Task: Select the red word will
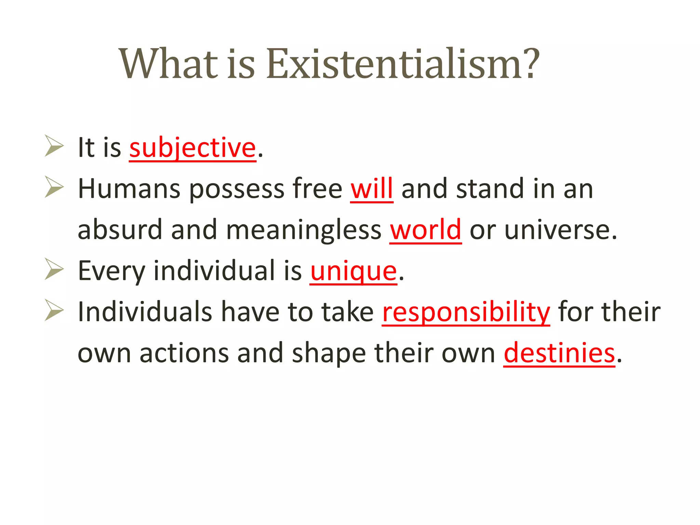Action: (x=372, y=189)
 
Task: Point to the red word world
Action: (x=426, y=230)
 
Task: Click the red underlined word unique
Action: (x=353, y=271)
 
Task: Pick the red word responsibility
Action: (x=466, y=312)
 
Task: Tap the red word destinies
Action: (x=559, y=353)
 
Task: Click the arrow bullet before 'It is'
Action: (x=54, y=146)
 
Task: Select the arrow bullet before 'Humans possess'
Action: (x=54, y=187)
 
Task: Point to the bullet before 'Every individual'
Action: (x=54, y=269)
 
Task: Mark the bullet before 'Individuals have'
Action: (x=54, y=310)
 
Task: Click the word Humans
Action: (x=129, y=189)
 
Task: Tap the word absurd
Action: (x=120, y=230)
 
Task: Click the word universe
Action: (x=561, y=230)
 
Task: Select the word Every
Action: (x=111, y=271)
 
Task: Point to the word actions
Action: (x=184, y=353)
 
